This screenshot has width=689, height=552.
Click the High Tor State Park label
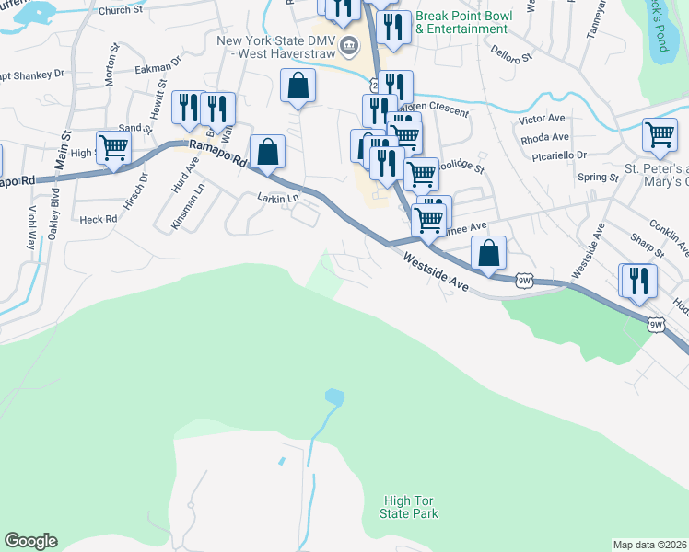tap(409, 507)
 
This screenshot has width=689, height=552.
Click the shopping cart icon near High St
tap(113, 147)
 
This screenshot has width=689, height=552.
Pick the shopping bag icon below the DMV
tap(298, 87)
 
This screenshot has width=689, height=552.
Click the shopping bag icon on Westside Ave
tap(489, 252)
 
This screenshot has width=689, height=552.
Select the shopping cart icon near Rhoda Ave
tap(660, 135)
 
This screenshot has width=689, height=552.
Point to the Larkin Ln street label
tap(278, 198)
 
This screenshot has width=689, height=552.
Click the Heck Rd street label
tap(98, 219)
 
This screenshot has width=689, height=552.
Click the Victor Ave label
tap(542, 120)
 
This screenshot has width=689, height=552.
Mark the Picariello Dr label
tap(566, 156)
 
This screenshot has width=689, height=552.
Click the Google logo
tap(30, 541)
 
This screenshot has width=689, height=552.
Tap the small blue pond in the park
tap(334, 397)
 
